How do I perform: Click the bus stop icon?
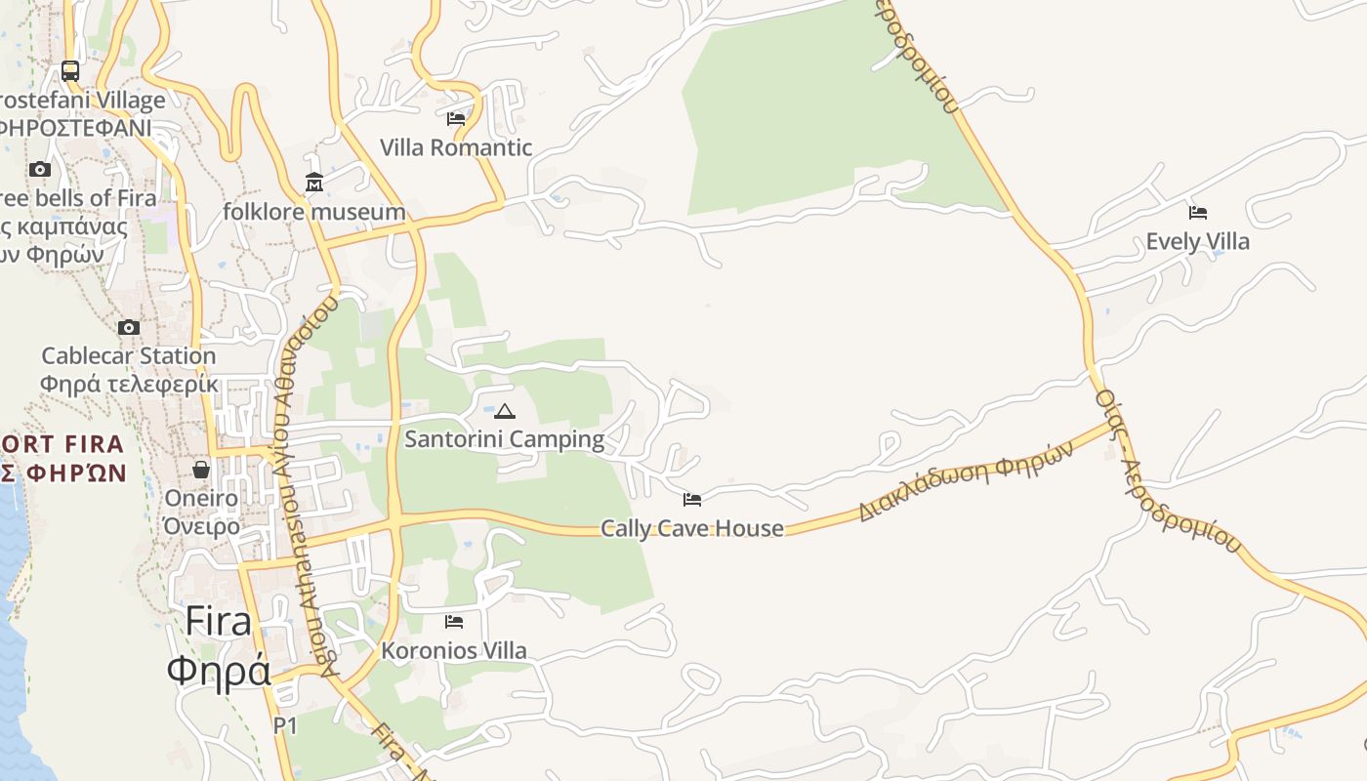pos(70,70)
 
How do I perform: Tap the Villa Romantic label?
pos(456,147)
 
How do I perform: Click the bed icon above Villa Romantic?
pos(456,119)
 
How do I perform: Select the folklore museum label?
pos(314,212)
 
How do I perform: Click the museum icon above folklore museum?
pos(314,183)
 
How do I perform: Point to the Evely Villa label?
pos(1197,241)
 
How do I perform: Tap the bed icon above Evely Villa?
pos(1198,212)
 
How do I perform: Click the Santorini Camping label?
pos(505,439)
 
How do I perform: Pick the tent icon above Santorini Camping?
pos(505,411)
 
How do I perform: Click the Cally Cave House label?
pos(692,528)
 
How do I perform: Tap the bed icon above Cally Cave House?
pos(692,500)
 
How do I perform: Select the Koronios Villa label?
pos(454,650)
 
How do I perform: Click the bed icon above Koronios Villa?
pos(454,621)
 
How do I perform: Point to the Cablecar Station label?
pos(129,355)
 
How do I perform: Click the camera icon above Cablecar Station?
pos(129,327)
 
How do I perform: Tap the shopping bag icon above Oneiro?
pos(201,470)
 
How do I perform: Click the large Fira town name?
pos(218,621)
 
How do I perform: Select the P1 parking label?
pos(285,725)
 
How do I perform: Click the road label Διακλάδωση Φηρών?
pos(966,480)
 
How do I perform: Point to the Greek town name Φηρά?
pos(218,672)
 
